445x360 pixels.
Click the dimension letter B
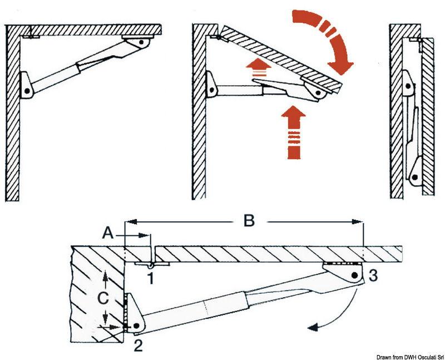click(249, 221)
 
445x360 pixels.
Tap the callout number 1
click(150, 277)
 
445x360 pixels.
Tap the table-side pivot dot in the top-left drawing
click(142, 42)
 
